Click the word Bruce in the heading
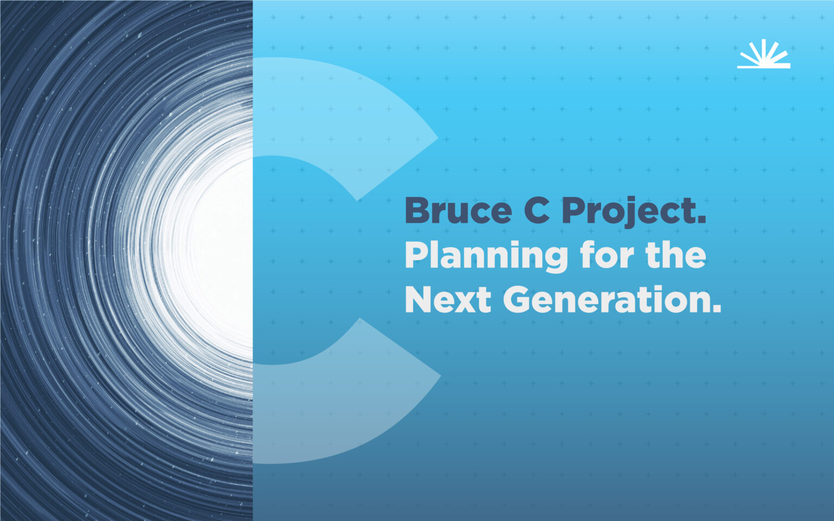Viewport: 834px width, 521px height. pyautogui.click(x=458, y=211)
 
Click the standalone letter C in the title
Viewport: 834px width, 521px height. pyautogui.click(x=536, y=211)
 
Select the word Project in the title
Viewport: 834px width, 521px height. pyautogui.click(x=627, y=211)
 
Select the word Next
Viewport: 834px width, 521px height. pyautogui.click(x=448, y=300)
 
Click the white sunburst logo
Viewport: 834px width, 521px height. pyautogui.click(x=763, y=53)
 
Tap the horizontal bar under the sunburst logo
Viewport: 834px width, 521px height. pyautogui.click(x=763, y=67)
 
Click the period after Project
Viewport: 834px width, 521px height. pyautogui.click(x=701, y=220)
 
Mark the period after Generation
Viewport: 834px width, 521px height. pyautogui.click(x=717, y=309)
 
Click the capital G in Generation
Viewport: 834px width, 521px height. pyautogui.click(x=520, y=300)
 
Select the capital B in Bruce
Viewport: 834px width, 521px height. pyautogui.click(x=418, y=211)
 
